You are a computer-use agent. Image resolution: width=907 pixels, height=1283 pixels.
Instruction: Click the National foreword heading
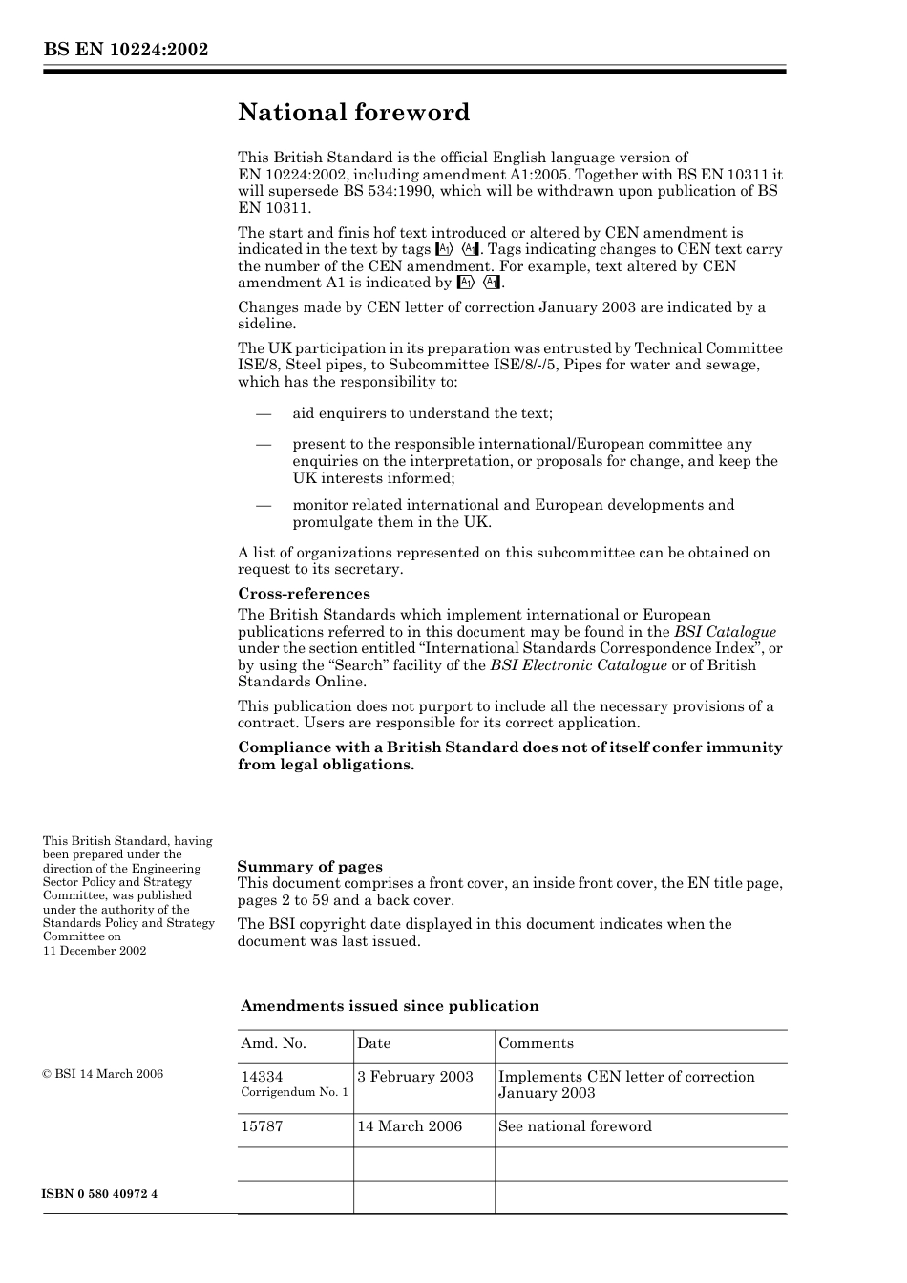353,113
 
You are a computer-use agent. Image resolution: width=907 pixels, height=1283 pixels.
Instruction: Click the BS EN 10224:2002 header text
125,50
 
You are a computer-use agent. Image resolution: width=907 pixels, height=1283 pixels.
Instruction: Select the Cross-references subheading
304,594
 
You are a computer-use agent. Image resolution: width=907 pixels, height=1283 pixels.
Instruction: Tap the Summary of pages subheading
309,867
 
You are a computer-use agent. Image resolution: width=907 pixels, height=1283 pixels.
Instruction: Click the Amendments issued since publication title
390,1006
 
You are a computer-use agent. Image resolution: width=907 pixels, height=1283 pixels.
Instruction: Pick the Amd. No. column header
273,1043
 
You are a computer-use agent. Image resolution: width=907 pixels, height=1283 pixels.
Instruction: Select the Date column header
374,1043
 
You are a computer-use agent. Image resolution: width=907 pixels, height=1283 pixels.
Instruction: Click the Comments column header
536,1043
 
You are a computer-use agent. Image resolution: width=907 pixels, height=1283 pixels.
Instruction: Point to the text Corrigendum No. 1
294,1092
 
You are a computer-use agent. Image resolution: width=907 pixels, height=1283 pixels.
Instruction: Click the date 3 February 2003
415,1077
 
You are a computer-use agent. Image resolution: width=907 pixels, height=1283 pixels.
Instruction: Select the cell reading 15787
262,1126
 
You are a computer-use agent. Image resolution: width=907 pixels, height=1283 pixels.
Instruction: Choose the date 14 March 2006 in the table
410,1126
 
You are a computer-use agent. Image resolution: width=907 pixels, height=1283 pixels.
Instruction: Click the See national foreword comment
575,1126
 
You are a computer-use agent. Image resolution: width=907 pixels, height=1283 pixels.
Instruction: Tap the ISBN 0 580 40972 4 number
100,1194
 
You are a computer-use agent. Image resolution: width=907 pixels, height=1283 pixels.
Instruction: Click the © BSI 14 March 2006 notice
103,1074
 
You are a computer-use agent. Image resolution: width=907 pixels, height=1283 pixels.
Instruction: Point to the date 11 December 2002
95,951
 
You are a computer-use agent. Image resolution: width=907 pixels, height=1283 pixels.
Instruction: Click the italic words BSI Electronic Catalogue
579,665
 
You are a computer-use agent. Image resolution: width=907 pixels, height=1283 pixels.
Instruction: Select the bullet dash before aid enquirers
264,414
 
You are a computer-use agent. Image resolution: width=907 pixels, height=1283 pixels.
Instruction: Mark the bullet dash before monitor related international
264,506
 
